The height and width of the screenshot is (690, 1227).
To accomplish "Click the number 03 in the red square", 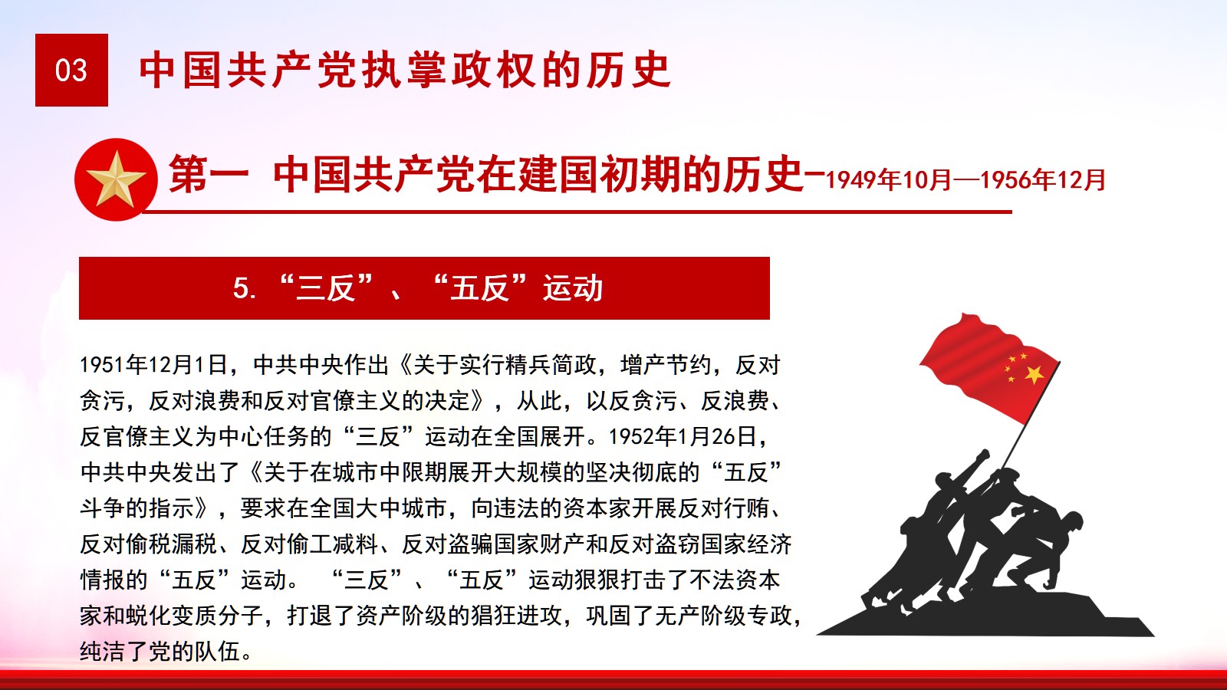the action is pyautogui.click(x=71, y=71).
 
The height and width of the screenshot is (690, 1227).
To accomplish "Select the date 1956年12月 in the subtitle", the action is pyautogui.click(x=1042, y=180).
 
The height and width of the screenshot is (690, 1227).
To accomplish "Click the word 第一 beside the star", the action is pyautogui.click(x=209, y=174).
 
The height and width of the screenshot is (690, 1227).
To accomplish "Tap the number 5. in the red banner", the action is pyautogui.click(x=245, y=288).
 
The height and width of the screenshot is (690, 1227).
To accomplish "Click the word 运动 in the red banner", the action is pyautogui.click(x=573, y=288).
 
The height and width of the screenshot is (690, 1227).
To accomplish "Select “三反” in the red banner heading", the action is pyautogui.click(x=325, y=287).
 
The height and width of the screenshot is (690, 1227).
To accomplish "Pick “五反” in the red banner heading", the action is pyautogui.click(x=480, y=287).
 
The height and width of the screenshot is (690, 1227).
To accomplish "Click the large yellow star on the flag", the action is pyautogui.click(x=1035, y=375).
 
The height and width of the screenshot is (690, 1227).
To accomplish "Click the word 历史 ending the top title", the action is pyautogui.click(x=629, y=70).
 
